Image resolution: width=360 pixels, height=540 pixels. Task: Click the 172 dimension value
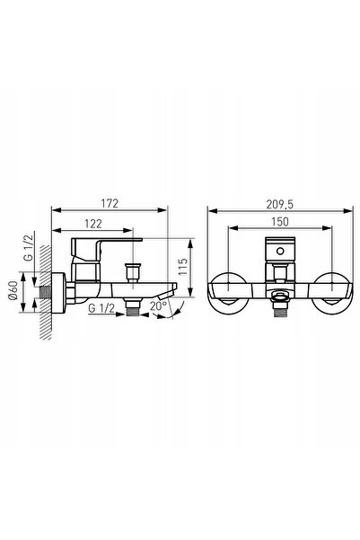110,203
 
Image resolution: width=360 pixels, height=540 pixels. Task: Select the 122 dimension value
93,224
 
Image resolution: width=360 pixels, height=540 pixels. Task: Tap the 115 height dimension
183,266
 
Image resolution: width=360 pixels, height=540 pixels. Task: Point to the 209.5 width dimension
279,205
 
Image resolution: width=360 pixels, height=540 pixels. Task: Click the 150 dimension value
280,221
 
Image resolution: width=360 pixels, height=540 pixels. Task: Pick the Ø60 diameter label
13,290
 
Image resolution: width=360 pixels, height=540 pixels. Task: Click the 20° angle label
158,305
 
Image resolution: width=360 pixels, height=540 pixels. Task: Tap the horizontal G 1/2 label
101,308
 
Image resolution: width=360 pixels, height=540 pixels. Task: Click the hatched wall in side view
46,292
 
